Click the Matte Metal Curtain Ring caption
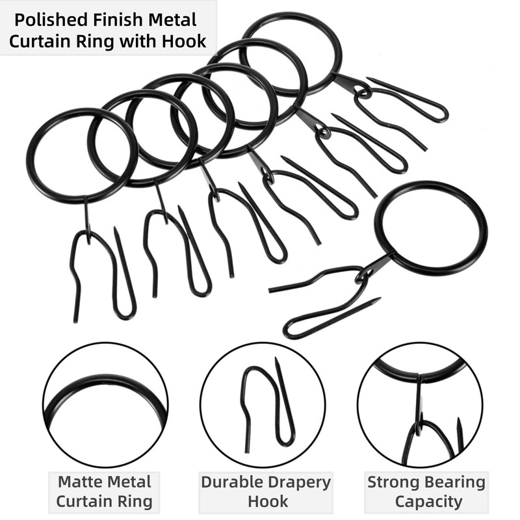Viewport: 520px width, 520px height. click(x=104, y=492)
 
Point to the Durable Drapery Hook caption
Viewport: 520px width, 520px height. click(x=266, y=492)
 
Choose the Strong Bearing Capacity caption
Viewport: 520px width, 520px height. click(x=426, y=492)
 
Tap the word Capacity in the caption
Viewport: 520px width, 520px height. click(x=426, y=502)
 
